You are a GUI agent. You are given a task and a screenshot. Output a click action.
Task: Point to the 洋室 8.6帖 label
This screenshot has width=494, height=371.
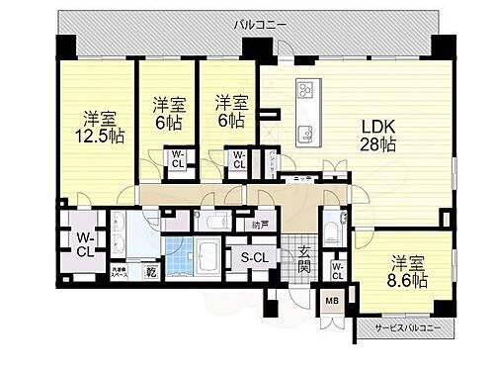406,273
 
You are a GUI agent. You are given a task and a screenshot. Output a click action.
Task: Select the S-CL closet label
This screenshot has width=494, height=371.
256,259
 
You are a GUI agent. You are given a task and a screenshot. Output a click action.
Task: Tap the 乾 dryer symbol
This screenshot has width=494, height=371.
152,269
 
